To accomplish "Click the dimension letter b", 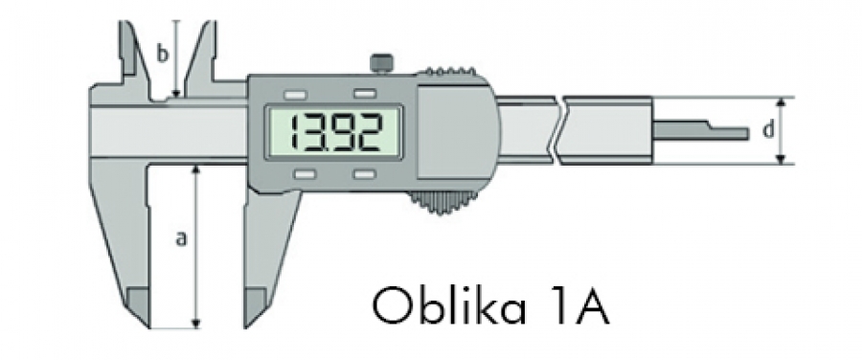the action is (162, 56).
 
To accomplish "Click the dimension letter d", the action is (768, 129).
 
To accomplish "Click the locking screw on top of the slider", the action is (381, 63).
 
